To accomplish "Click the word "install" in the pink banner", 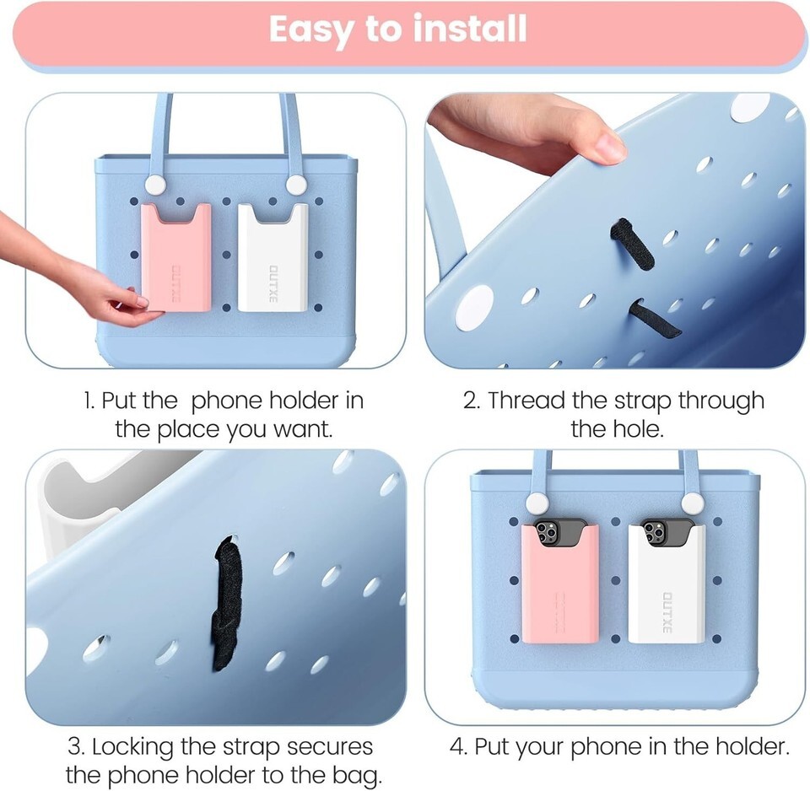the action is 470,29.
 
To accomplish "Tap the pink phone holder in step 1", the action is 176,257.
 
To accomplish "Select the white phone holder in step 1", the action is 273,257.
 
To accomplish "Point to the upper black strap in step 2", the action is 632,243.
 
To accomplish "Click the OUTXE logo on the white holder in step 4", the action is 667,612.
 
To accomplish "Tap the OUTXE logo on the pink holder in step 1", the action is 176,284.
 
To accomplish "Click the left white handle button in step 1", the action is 154,185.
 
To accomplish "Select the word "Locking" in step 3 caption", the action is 132,746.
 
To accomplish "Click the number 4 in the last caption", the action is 457,746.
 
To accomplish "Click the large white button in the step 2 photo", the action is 475,309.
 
